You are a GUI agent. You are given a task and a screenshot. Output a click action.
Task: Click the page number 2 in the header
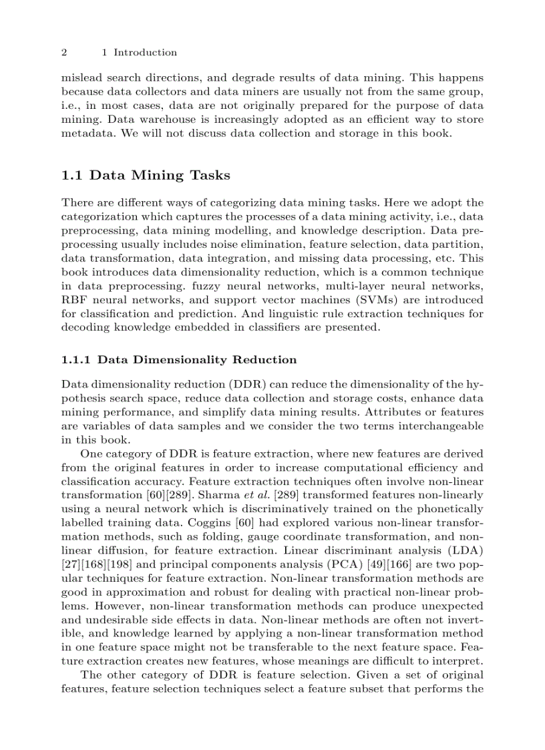point(63,53)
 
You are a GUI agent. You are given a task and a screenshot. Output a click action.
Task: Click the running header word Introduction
point(145,53)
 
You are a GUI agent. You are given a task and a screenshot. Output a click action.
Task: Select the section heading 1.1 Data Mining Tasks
point(146,176)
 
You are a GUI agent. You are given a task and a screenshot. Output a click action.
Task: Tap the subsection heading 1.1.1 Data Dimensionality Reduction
point(179,360)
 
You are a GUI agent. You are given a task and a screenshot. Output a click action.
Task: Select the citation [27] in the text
point(69,564)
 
